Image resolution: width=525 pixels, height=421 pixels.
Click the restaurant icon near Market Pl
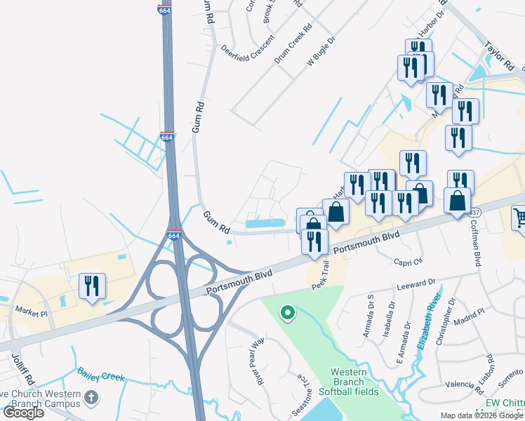92,286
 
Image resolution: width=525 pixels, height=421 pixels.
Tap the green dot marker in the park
286,313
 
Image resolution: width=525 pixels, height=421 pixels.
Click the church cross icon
90,399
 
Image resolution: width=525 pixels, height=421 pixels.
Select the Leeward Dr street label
416,283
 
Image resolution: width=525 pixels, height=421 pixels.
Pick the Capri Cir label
409,261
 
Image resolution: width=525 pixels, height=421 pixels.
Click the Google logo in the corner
23,413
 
